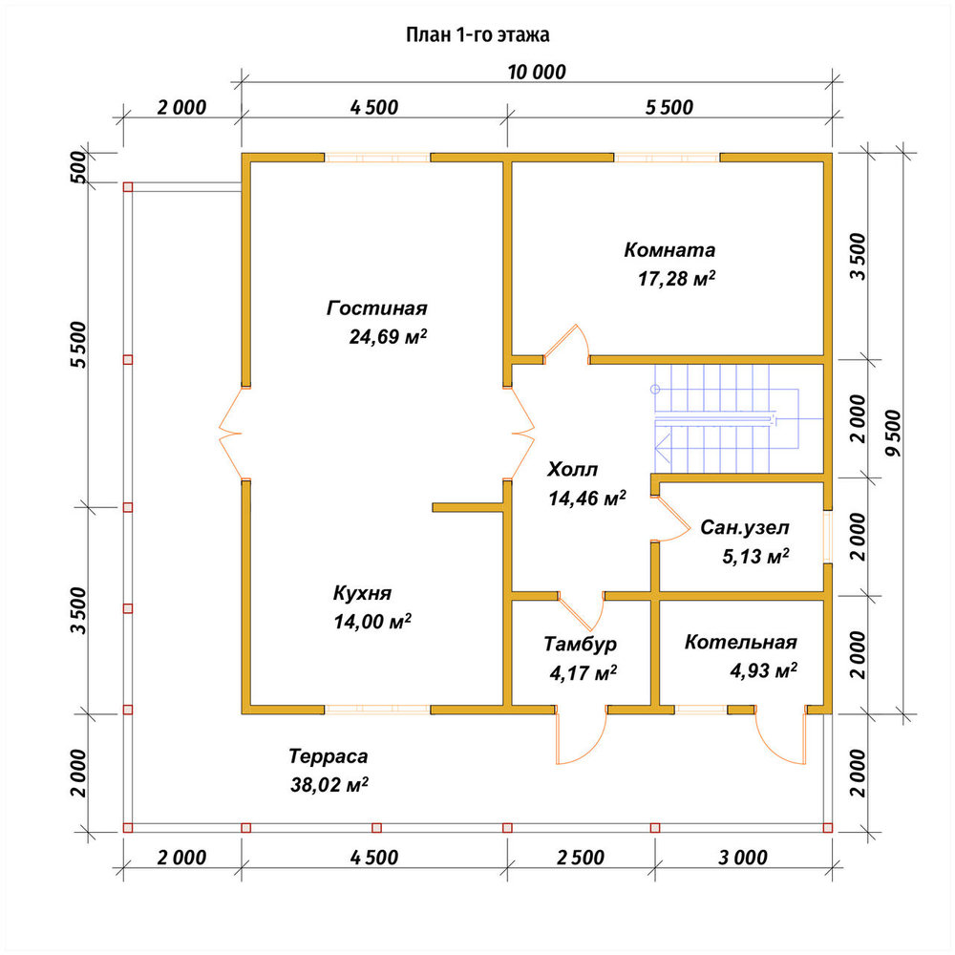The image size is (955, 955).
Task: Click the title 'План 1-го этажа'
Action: click(x=477, y=34)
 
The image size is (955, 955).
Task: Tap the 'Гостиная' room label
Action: click(x=377, y=308)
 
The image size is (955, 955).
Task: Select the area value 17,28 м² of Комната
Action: click(x=676, y=278)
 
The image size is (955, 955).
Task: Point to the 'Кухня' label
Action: click(x=362, y=593)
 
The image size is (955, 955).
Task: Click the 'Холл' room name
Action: click(x=572, y=470)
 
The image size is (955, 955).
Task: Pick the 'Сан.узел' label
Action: click(x=744, y=527)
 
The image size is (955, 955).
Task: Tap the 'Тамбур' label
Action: click(x=580, y=644)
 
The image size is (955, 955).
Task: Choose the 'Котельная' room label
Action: click(x=741, y=642)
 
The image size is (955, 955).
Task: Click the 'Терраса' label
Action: click(x=329, y=756)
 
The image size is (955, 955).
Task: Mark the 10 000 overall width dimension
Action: click(x=537, y=72)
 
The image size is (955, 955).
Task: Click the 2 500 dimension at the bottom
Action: click(x=581, y=858)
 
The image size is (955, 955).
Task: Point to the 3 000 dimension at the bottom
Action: click(x=743, y=858)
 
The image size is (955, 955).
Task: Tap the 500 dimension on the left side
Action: click(x=79, y=167)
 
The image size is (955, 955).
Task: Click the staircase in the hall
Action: click(x=727, y=418)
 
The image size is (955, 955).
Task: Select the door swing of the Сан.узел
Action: click(x=671, y=519)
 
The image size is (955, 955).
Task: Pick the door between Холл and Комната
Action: click(x=567, y=345)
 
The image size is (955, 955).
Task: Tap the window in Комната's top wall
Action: click(x=667, y=159)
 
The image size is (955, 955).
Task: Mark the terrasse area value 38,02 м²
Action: click(x=329, y=784)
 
